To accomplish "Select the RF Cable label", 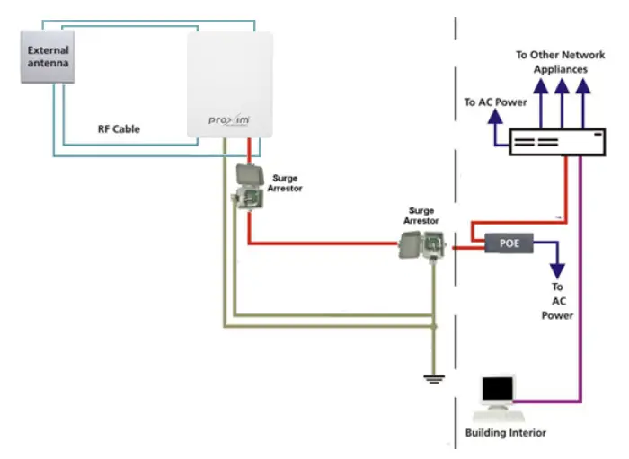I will (x=119, y=129).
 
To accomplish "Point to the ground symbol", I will (x=435, y=378).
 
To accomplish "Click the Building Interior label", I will (x=505, y=433).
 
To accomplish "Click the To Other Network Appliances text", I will (x=559, y=61).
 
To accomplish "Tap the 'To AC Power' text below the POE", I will (x=557, y=301).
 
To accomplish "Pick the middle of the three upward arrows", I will (x=563, y=86).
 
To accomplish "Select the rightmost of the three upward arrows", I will (x=583, y=86).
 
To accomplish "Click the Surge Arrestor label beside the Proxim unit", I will (x=285, y=184).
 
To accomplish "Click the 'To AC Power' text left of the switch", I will (x=495, y=102).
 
